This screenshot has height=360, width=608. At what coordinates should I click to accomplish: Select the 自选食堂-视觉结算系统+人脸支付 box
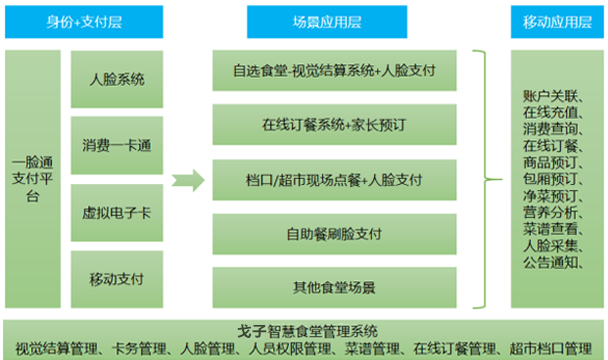[x=335, y=72]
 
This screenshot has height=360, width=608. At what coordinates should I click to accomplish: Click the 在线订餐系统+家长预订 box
[x=335, y=126]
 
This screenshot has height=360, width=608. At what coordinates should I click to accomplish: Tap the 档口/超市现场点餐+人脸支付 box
[x=335, y=180]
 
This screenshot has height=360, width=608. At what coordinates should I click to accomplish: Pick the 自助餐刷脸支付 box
[x=335, y=234]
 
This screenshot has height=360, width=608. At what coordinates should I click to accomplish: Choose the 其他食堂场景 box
[x=335, y=288]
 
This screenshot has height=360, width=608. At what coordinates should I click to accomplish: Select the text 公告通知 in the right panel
[x=549, y=262]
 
